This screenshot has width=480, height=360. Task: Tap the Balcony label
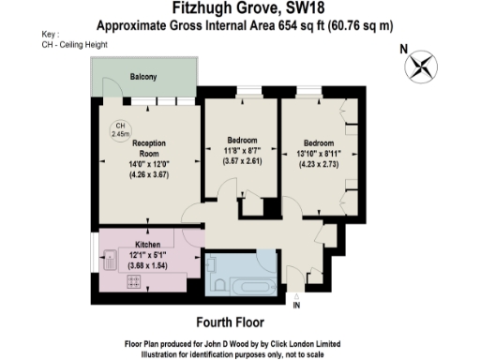click(143, 76)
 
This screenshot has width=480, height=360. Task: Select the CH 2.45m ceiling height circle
click(119, 130)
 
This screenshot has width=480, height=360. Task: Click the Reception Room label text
click(149, 148)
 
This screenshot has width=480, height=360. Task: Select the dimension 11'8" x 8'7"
click(242, 150)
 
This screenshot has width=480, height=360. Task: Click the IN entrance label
click(297, 306)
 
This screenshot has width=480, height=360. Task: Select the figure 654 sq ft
click(285, 26)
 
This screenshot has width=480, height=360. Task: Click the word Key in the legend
click(50, 35)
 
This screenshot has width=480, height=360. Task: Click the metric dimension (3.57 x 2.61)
click(242, 161)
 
